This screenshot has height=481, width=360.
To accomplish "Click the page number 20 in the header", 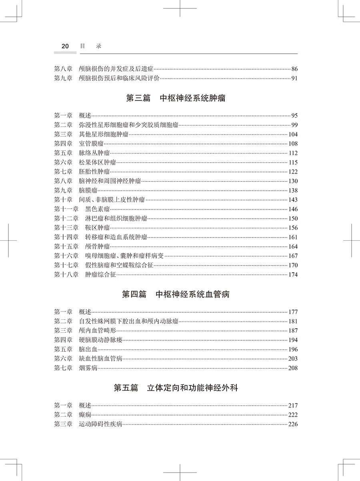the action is click(65, 46).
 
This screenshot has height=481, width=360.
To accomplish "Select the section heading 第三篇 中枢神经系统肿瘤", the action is click(176, 98).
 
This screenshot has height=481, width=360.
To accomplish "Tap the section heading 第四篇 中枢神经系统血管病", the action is click(176, 295).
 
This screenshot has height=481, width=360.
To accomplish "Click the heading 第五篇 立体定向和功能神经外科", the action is click(176, 387).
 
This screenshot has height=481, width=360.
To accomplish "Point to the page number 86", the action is click(294, 69).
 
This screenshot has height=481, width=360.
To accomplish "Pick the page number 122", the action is click(293, 172).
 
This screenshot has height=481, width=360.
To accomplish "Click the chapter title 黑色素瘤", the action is click(97, 209).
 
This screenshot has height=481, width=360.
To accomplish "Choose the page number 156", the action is click(293, 228).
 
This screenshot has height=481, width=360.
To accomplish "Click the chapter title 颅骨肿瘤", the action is click(97, 247).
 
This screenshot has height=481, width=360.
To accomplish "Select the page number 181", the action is click(293, 321).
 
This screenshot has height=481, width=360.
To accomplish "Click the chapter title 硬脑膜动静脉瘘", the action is click(100, 340).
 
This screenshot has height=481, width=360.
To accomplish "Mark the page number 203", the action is click(293, 359).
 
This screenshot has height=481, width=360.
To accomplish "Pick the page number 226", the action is click(293, 424).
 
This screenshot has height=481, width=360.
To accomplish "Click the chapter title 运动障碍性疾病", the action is click(100, 424).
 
